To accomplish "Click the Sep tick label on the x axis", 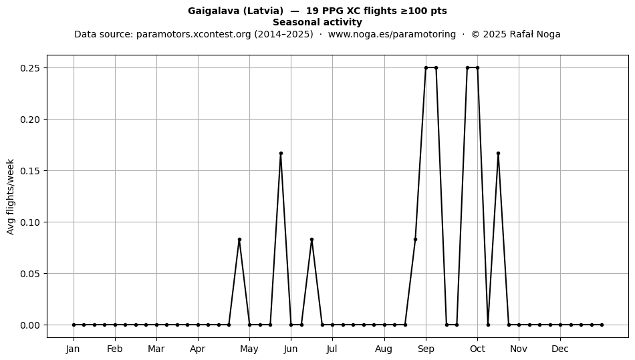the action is [426, 349].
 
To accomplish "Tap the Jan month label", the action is [74, 349].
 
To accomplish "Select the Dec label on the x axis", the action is [560, 349].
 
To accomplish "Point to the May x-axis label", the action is [249, 349].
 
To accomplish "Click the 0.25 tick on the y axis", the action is [30, 68].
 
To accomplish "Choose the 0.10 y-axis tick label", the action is [30, 222].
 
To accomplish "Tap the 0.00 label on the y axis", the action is [30, 325].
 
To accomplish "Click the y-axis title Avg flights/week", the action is [11, 196].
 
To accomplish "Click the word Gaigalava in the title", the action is [213, 11].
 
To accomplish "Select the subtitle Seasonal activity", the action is [317, 22].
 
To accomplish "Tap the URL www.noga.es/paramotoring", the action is [392, 34].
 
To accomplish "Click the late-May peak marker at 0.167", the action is [281, 154].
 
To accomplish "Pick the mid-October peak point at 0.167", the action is [498, 154].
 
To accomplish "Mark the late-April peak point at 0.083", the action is [239, 240].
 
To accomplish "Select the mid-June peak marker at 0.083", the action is [312, 240].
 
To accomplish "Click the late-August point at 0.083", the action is [415, 240].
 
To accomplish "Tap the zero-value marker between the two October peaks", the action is [488, 325].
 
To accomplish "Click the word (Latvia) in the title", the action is [263, 11].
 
